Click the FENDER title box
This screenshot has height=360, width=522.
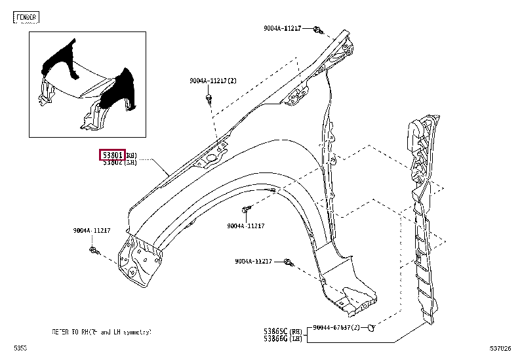pos(26,17)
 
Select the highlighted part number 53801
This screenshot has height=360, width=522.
pos(111,155)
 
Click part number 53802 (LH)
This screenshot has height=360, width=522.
pos(112,162)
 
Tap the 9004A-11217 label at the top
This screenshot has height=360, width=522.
pos(283,28)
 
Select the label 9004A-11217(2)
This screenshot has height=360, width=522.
pos(213,80)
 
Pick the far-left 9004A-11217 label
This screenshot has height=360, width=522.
pos(92,230)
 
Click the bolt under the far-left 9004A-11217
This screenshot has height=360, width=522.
pos(94,250)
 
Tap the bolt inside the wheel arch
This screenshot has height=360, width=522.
pos(246,209)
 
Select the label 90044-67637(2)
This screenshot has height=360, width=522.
pos(336,327)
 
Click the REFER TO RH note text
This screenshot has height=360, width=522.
pos(102,332)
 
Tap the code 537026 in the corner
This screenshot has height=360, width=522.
pos(500,348)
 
